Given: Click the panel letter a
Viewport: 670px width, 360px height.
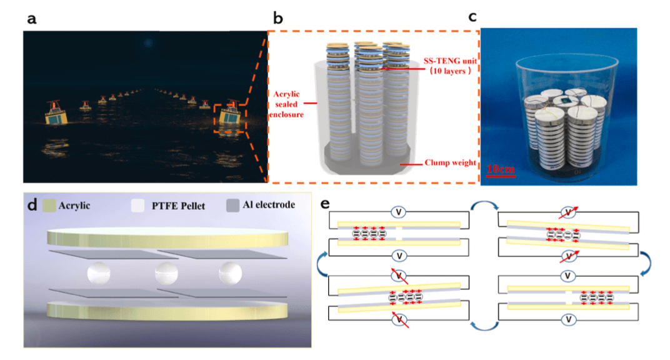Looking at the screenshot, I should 31,19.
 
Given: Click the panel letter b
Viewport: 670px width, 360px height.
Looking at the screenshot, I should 277,19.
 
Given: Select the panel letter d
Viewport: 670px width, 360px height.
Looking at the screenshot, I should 31,206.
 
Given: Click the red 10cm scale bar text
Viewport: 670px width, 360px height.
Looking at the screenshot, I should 500,168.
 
